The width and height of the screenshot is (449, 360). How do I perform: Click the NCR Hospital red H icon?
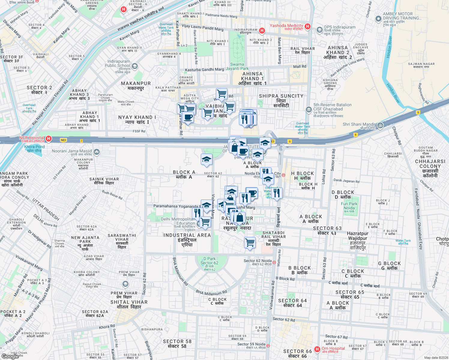coord(48,139)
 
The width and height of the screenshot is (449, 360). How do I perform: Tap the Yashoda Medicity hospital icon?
coord(307,27)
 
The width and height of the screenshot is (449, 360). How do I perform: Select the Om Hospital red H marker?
coord(317,349)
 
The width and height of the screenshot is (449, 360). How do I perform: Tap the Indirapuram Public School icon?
coord(135,66)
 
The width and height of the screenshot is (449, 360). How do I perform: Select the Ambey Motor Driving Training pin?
coord(378,19)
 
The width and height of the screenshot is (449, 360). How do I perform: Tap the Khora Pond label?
coord(34,148)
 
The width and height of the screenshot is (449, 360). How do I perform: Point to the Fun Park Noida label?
coord(349,206)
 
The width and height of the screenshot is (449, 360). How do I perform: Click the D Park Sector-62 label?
coord(209,263)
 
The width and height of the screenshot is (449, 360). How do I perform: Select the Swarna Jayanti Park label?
coord(237,66)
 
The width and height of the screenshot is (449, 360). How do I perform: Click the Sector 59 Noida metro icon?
coord(268,346)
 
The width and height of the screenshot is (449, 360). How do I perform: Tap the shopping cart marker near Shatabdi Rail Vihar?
coord(250,242)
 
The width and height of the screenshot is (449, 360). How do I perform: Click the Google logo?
coord(10,356)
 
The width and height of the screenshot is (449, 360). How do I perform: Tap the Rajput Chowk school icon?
coord(125,284)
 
